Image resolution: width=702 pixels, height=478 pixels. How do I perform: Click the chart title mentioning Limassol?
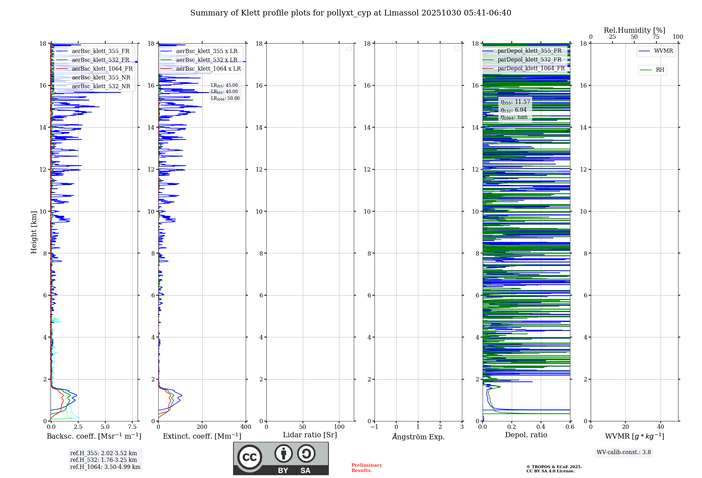tap(351, 13)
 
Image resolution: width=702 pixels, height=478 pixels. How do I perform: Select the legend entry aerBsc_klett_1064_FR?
tap(102, 69)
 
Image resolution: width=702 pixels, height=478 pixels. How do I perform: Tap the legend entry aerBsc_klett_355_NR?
tap(101, 78)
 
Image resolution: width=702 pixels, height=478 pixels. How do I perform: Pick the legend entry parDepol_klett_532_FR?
tap(529, 60)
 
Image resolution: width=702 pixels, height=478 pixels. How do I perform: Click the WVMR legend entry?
tap(663, 51)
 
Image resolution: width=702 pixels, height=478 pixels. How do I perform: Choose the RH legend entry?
tap(660, 70)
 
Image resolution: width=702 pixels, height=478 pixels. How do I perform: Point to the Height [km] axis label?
tap(34, 232)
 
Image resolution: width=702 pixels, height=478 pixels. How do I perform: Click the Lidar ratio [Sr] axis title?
tap(310, 435)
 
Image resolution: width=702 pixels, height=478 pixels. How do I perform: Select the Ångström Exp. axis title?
tap(418, 437)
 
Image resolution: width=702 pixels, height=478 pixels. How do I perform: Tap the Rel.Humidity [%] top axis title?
tap(634, 30)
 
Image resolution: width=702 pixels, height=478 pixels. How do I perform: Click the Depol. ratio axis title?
tap(526, 435)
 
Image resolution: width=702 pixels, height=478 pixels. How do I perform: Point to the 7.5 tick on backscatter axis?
tap(132, 427)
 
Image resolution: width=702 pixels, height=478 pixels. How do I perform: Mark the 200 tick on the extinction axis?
tap(202, 427)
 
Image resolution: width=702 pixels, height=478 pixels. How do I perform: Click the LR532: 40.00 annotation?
tap(224, 92)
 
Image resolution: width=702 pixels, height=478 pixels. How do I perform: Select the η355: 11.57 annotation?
tap(515, 102)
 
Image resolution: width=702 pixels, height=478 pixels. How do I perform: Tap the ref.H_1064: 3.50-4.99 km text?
tap(105, 467)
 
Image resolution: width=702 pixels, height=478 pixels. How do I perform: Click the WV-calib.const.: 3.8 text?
tap(624, 452)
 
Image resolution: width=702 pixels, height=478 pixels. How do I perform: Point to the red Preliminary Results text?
tap(366, 468)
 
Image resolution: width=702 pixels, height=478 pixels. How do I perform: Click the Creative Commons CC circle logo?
tap(250, 457)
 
